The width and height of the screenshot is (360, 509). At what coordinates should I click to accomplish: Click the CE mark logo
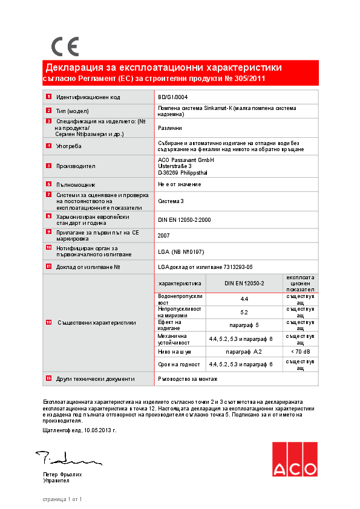[x=65, y=47]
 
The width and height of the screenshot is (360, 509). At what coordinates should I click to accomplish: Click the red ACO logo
[x=293, y=459]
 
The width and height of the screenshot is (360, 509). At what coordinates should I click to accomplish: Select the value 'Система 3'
[x=171, y=200]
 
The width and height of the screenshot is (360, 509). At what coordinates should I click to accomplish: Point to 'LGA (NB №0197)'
[x=182, y=251]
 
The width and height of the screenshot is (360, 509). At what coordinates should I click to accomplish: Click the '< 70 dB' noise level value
[x=300, y=351]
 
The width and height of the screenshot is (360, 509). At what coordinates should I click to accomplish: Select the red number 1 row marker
[x=48, y=97]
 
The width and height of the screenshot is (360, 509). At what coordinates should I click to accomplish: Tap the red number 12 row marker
[x=48, y=322]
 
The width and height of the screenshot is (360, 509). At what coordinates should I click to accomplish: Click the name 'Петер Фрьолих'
[x=62, y=475]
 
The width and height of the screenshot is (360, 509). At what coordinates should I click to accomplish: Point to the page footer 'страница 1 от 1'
[x=62, y=499]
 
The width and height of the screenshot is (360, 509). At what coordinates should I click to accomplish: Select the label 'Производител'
[x=76, y=166]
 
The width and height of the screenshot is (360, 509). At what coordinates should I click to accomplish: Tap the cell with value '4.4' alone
[x=244, y=299]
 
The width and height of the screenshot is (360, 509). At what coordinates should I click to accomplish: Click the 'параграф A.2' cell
[x=244, y=351]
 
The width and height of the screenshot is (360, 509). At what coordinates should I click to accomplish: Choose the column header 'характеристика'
[x=179, y=283]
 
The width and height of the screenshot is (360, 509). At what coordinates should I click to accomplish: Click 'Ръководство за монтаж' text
[x=187, y=378]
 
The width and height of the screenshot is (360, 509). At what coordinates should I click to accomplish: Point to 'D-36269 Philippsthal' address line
[x=182, y=172]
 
